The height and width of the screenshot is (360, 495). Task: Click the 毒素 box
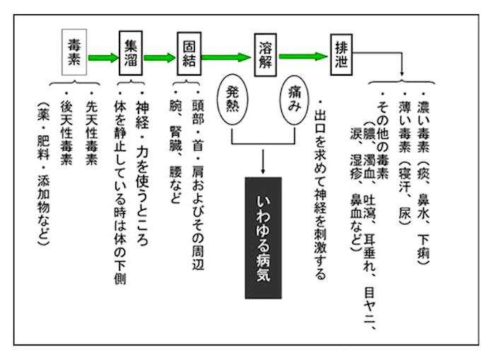[x=74, y=52]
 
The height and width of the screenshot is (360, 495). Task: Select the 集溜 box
[x=131, y=53]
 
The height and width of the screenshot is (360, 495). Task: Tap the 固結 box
[x=189, y=54]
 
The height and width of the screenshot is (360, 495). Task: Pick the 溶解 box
[x=265, y=55]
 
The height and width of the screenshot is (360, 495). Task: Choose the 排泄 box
[x=342, y=54]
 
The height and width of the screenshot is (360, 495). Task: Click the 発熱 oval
[x=233, y=100]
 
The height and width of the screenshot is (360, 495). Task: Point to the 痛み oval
[x=294, y=100]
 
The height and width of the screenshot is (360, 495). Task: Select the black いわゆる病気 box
[x=263, y=238]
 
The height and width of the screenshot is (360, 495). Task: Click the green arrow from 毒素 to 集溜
[x=103, y=58]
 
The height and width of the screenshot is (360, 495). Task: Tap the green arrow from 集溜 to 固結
[x=159, y=58]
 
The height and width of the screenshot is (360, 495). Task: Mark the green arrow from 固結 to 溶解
[x=226, y=57]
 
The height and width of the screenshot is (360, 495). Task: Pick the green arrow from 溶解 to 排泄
[x=303, y=57]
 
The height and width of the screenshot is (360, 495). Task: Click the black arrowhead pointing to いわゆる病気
[x=263, y=170]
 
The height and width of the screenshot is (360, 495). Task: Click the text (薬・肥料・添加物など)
[x=43, y=174]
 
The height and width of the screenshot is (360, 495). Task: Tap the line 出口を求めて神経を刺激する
[x=320, y=190]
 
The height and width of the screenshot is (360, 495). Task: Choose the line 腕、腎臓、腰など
[x=175, y=148]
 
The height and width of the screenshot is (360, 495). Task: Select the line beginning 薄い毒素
[x=404, y=158]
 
